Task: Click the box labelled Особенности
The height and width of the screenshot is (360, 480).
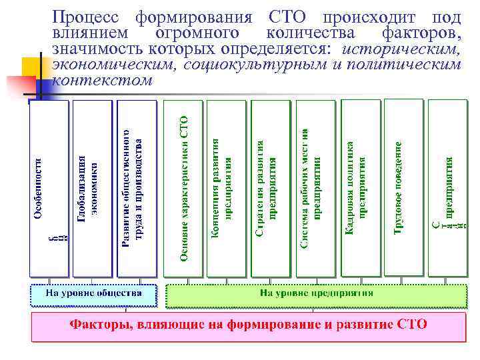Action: click(48, 189)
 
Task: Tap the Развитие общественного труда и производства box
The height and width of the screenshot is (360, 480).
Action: click(137, 189)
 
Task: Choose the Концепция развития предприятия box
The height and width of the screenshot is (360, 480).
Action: click(226, 189)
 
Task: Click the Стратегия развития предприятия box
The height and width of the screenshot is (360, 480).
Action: click(270, 189)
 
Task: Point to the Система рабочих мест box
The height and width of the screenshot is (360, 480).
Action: click(315, 189)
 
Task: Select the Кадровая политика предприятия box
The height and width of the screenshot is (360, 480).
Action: click(359, 189)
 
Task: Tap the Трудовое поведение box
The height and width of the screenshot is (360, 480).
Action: click(403, 189)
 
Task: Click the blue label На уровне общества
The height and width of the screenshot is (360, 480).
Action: click(93, 294)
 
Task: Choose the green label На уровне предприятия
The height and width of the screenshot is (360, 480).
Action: click(316, 294)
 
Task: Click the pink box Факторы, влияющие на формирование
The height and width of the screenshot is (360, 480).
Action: click(249, 326)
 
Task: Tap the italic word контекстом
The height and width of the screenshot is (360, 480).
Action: click(102, 80)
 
